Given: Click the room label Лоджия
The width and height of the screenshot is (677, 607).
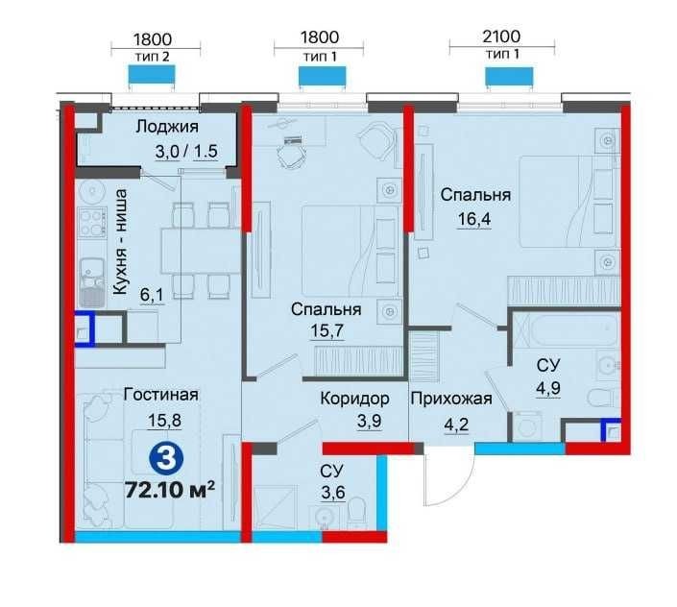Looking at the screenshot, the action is click(167, 127).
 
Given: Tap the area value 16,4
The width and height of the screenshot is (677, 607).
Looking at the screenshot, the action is click(474, 219).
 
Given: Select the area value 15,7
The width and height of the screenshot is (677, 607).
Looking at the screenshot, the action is click(326, 330).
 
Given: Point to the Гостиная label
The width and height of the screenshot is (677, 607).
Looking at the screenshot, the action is click(161, 395).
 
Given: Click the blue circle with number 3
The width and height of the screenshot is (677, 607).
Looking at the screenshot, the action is click(166, 459).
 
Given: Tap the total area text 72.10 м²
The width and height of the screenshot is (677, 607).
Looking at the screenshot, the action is click(170, 490).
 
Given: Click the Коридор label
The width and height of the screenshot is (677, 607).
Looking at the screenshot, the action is click(354, 399).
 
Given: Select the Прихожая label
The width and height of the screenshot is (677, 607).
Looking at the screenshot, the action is click(451, 399).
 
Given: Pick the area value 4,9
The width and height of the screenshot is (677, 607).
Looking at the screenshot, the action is click(548, 388).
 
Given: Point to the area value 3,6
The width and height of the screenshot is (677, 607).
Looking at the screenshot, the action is click(333, 492).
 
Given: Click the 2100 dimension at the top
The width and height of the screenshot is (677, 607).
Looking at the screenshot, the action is click(501, 36).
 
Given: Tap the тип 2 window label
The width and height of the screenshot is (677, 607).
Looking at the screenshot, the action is click(153, 57).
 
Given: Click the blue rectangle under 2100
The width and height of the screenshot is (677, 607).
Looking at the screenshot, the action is click(509, 77).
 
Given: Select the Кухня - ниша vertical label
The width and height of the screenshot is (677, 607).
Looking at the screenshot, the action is click(120, 242).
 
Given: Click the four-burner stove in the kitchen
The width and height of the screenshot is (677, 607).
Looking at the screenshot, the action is click(92, 222).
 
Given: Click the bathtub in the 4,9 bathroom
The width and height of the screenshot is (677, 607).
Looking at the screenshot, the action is click(567, 330).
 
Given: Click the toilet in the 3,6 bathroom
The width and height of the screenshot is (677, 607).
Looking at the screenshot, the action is click(356, 513).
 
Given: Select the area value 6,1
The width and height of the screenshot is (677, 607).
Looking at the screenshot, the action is click(152, 295).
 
